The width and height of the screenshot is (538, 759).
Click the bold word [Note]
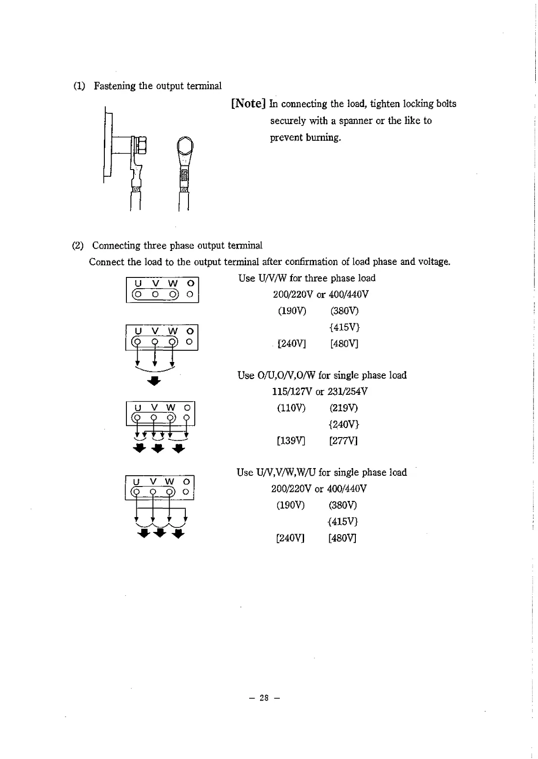(248, 104)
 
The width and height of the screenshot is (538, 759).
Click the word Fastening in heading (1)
(115, 86)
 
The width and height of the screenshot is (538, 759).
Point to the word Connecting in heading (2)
(116, 246)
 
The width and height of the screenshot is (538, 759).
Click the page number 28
(264, 698)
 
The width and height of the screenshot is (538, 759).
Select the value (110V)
(291, 408)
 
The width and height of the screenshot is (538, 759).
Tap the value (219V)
(343, 408)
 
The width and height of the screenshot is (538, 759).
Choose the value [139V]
(291, 441)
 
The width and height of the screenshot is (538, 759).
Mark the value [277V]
(343, 441)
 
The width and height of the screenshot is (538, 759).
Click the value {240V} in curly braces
(344, 424)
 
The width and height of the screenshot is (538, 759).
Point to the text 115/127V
(292, 392)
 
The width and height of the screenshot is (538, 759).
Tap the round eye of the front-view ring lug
(185, 146)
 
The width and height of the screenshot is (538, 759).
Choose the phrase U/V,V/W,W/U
(286, 473)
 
